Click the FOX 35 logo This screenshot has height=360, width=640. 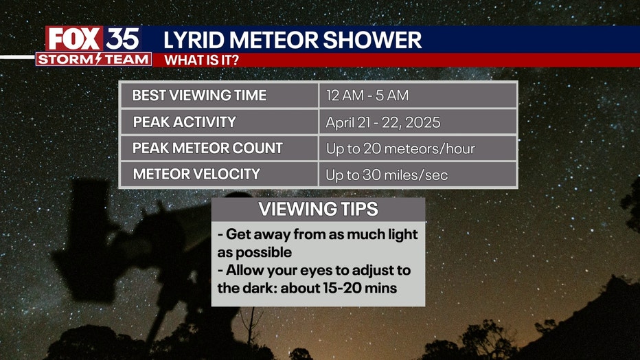(93, 39)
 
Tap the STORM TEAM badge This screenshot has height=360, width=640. (93, 59)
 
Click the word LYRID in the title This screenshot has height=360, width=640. (194, 40)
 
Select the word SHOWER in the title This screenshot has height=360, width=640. (372, 40)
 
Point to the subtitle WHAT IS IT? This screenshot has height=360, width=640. (202, 60)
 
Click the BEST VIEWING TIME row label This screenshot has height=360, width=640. (199, 95)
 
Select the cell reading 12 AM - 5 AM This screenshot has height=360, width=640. (367, 95)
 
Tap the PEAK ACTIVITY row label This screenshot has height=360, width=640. (185, 122)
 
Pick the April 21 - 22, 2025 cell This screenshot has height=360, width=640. (383, 122)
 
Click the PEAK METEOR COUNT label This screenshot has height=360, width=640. (208, 148)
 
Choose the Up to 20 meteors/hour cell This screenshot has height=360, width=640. (400, 148)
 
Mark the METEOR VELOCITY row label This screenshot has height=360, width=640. (196, 175)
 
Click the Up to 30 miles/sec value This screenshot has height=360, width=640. (387, 175)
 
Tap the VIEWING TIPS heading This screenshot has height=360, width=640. (319, 209)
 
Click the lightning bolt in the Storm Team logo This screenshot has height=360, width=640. (98, 59)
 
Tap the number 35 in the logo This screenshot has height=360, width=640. (122, 39)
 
